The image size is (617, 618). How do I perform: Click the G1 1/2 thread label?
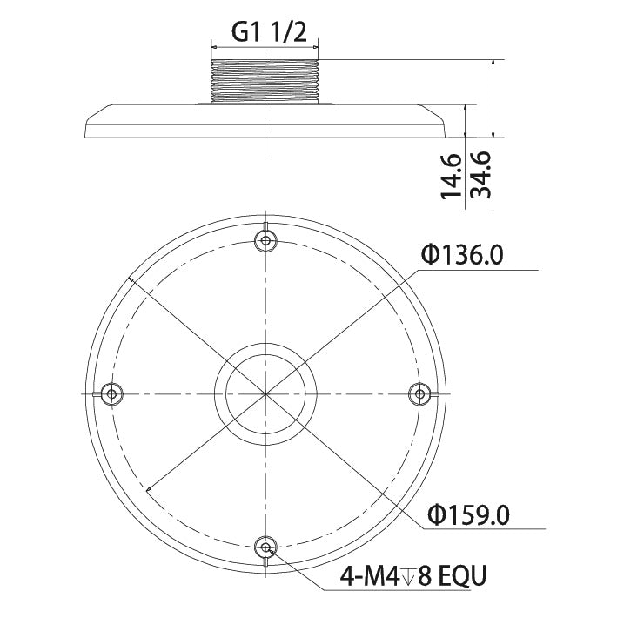click(269, 33)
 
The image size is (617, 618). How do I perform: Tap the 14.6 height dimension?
click(450, 176)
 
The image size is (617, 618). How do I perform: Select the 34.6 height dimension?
click(481, 175)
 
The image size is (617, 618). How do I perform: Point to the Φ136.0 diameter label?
click(462, 255)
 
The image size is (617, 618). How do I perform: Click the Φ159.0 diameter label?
click(468, 514)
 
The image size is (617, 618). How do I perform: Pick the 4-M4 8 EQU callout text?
click(413, 576)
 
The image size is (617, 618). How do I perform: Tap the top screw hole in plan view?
click(266, 239)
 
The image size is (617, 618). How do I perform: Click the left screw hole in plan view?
click(111, 393)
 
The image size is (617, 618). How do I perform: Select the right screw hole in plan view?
click(420, 393)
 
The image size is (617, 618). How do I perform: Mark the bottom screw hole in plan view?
click(266, 547)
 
